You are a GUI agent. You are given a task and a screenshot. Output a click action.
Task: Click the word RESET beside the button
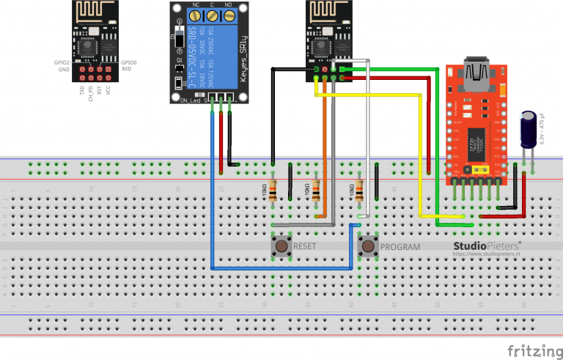click(x=305, y=247)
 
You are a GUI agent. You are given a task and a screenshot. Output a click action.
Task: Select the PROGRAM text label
click(x=400, y=247)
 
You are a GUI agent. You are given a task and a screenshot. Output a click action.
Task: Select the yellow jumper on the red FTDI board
click(x=481, y=170)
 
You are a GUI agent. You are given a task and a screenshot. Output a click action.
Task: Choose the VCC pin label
click(x=108, y=92)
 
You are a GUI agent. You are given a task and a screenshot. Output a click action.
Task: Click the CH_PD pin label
click(x=90, y=94)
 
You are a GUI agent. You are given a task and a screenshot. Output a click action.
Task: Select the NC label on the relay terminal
click(x=196, y=5)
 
